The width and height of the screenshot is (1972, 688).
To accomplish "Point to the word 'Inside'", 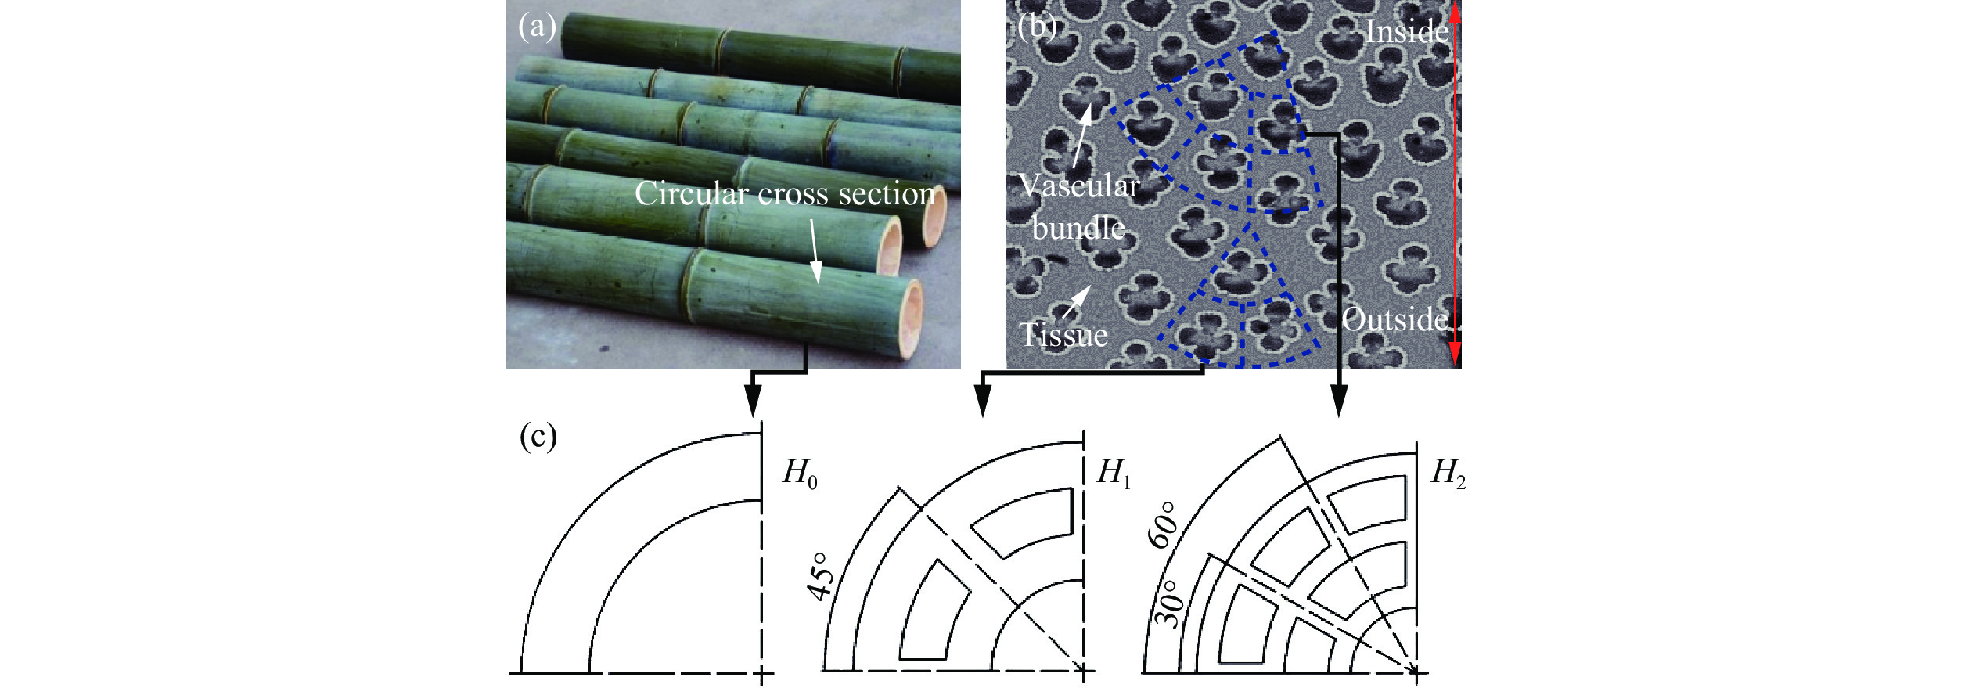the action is (1407, 31).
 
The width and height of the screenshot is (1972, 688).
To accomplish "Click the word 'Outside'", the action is (1395, 319).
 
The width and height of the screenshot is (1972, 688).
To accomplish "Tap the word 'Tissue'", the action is (1064, 335).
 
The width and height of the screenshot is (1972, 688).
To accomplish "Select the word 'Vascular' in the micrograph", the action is (1079, 186).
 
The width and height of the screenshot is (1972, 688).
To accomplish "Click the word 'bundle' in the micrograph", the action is (1078, 228).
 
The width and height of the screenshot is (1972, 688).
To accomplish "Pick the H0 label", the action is (800, 474).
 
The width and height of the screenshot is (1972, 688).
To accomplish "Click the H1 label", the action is (1114, 474).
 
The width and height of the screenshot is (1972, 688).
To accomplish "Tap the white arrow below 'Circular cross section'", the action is (814, 251).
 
